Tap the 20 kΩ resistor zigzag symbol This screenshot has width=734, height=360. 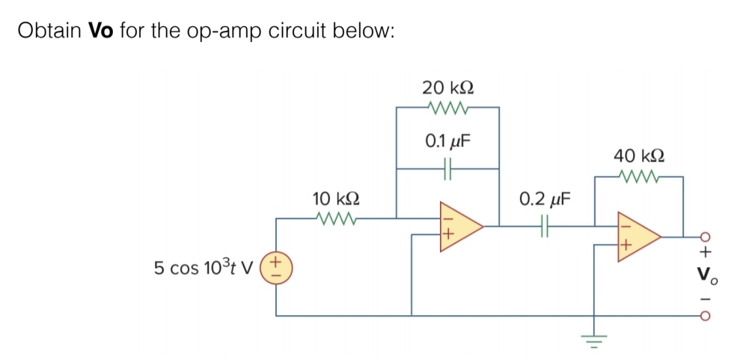pyautogui.click(x=447, y=108)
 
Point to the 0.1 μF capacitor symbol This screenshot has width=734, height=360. pyautogui.click(x=447, y=170)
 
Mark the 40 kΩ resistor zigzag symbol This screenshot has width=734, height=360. pyautogui.click(x=638, y=177)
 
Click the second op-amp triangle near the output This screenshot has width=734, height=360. pyautogui.click(x=637, y=235)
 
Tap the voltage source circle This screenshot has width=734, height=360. pyautogui.click(x=278, y=267)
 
